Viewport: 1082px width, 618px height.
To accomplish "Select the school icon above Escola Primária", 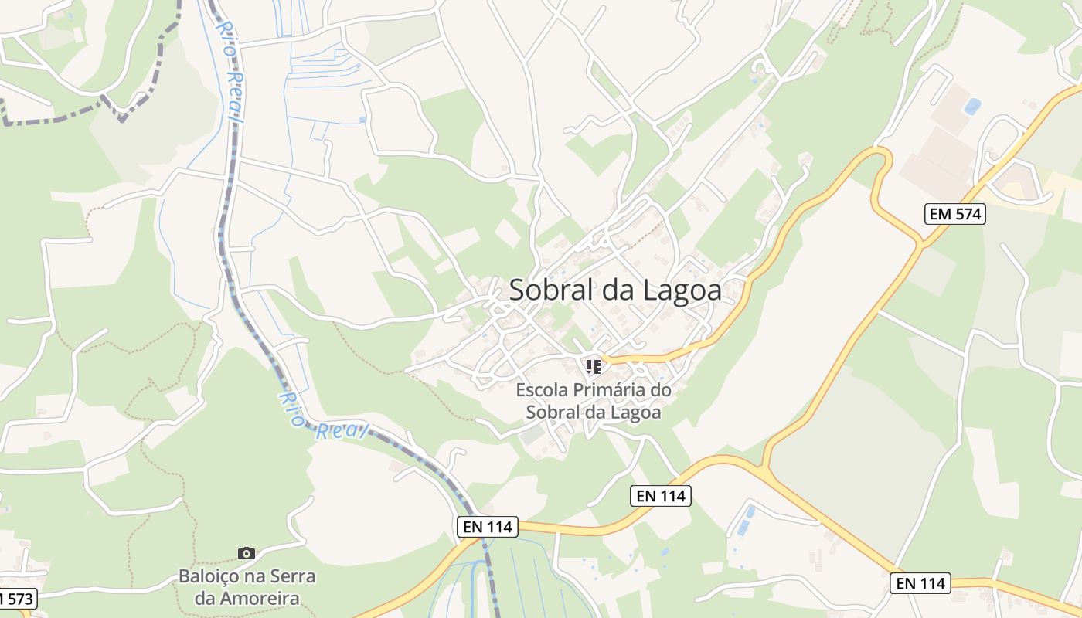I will (x=593, y=366).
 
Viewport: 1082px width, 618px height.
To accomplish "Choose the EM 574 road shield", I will (x=955, y=214).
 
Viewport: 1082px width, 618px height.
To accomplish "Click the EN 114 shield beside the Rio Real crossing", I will (x=487, y=527).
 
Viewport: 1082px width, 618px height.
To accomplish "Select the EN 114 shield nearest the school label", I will (x=661, y=496).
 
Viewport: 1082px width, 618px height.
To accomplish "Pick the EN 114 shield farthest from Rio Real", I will (x=920, y=583).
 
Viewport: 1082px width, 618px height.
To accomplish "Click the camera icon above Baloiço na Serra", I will (x=247, y=553).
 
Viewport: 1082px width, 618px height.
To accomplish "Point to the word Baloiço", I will (x=209, y=576).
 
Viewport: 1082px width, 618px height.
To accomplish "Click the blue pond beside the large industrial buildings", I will (x=971, y=106).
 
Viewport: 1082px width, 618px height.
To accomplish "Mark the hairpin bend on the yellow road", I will (x=881, y=158).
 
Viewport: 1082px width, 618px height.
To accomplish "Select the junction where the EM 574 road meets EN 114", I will (x=764, y=468).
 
